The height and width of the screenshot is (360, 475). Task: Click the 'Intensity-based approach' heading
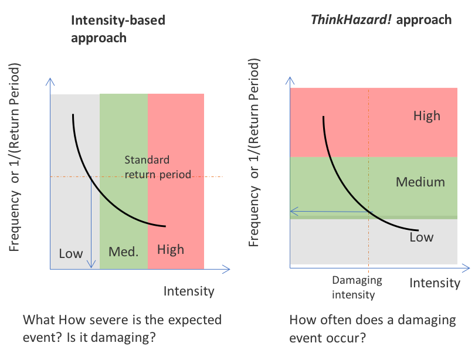117,29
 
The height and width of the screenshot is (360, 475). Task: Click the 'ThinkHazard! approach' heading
381,19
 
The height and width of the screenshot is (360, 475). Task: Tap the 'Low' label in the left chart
71,254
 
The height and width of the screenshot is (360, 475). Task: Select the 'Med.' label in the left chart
123,252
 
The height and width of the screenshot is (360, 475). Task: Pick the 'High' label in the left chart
171,250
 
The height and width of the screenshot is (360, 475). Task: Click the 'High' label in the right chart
426,116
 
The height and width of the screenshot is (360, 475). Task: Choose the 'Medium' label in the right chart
420,182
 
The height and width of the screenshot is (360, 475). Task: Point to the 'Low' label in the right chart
421,237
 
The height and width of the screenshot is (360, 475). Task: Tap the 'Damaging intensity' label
357,287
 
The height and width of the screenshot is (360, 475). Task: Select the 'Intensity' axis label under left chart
189,291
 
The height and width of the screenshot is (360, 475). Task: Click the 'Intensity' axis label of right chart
435,283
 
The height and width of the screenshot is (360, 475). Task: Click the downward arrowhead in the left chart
91,265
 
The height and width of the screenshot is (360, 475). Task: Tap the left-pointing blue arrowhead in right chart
294,211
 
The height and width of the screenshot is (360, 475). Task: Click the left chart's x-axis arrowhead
227,269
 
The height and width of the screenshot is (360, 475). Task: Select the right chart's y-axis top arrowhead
290,78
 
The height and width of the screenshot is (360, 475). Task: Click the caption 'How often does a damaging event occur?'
372,329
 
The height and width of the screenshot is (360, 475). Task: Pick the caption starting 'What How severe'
122,329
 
